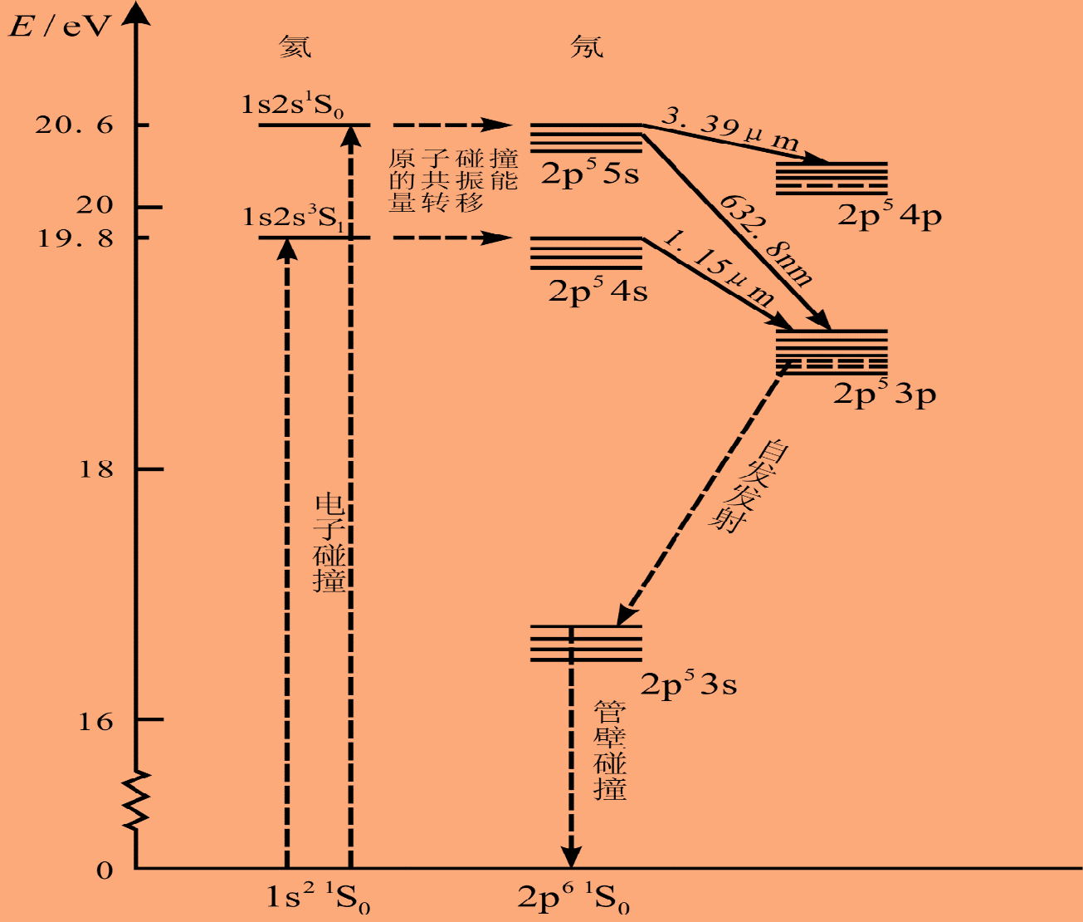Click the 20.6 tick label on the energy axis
coord(74,125)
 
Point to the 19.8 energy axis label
coord(74,239)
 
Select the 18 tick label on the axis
coord(95,470)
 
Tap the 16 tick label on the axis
coord(95,721)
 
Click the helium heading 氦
coord(295,46)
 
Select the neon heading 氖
coord(587,46)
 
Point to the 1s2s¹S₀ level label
coord(293,105)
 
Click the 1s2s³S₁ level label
coord(293,218)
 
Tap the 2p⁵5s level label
coord(590,174)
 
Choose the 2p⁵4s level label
coord(598,291)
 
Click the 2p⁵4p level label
coord(889,216)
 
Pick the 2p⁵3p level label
coord(885,394)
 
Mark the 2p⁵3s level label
coord(688,685)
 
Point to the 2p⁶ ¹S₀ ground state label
coord(573,898)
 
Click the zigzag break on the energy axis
coord(136,800)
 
